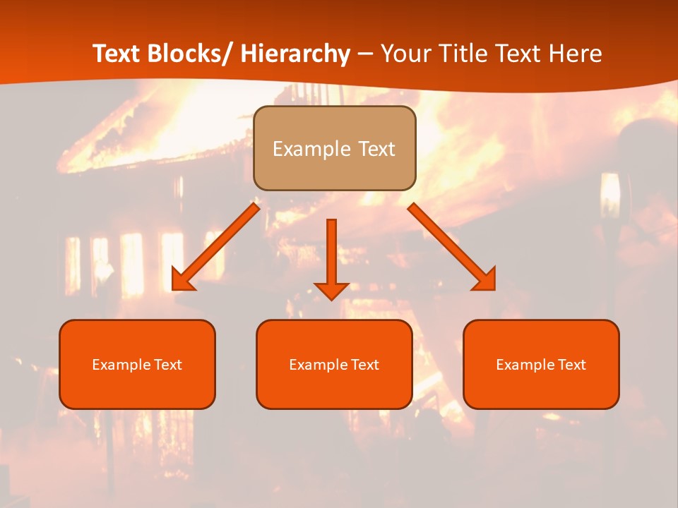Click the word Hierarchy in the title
tap(295, 54)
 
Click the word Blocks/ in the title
tap(190, 54)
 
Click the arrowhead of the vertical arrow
tap(331, 289)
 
